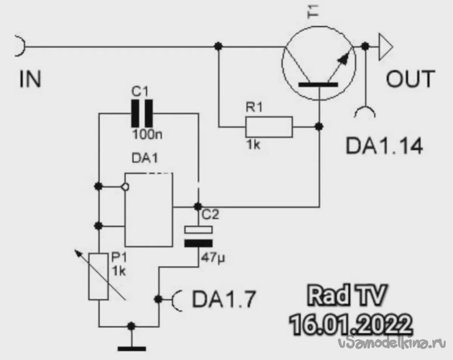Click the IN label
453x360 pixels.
[30, 79]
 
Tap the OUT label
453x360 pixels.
[410, 79]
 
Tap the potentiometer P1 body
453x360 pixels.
[99, 276]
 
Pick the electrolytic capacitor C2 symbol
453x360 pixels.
[198, 236]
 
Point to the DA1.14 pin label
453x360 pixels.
[384, 146]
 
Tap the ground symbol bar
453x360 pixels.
[131, 348]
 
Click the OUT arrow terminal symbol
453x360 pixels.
[383, 46]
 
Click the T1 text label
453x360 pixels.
[315, 14]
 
